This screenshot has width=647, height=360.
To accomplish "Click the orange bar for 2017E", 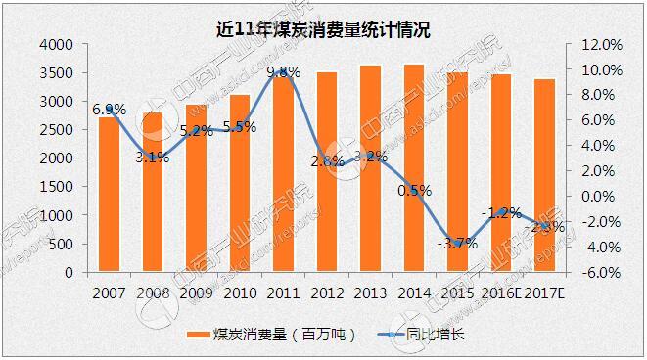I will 547,176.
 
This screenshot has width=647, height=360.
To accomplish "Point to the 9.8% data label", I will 283,72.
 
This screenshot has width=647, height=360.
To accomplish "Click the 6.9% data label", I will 109,110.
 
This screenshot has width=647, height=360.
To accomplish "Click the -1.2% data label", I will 501,212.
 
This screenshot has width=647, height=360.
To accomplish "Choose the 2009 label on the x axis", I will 196,292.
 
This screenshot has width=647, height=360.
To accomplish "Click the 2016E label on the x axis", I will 503,292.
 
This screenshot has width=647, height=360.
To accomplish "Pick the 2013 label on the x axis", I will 370,292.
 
